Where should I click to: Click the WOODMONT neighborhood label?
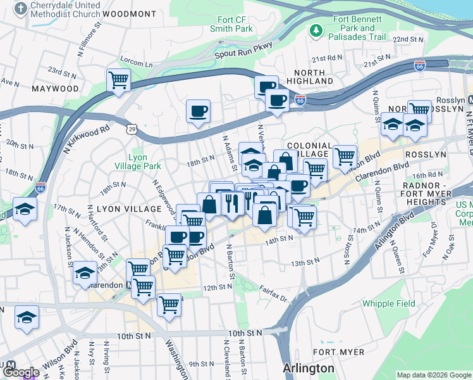(x=129, y=14)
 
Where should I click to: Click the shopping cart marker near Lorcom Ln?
(x=118, y=80)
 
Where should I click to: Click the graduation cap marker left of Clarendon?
(x=85, y=273)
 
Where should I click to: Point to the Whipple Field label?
(x=389, y=303)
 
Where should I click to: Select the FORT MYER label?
(x=338, y=352)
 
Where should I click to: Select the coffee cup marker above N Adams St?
(x=199, y=111)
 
